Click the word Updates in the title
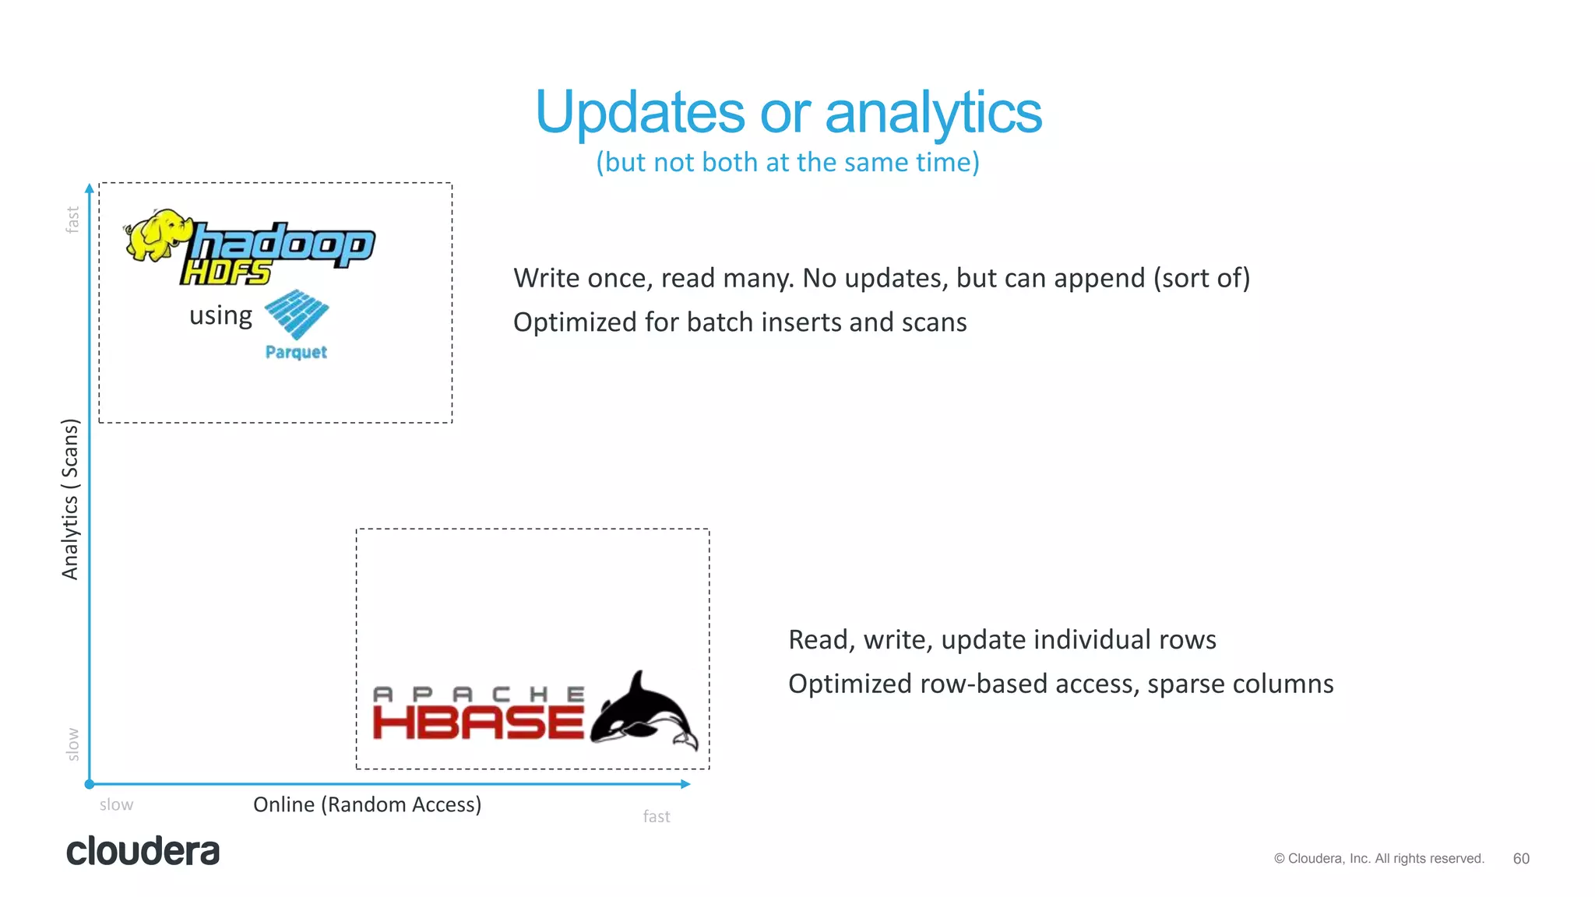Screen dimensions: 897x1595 [x=640, y=114]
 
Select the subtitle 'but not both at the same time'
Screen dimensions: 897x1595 [x=787, y=162]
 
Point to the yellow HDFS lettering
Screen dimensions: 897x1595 [x=226, y=273]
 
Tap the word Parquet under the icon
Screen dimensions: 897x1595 [x=296, y=352]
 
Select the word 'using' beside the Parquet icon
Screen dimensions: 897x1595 [x=220, y=315]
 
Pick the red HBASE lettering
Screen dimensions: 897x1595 [x=477, y=723]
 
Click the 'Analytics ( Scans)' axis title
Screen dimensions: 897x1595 [x=70, y=499]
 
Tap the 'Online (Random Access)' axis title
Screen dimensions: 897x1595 [x=367, y=804]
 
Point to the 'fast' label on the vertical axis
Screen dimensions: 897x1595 [x=72, y=220]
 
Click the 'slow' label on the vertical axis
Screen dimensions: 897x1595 [x=72, y=744]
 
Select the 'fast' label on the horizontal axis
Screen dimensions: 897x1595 [x=656, y=816]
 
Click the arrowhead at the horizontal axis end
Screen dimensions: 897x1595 [x=685, y=784]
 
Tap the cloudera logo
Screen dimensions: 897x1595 [x=143, y=851]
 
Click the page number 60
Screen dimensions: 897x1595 [x=1520, y=859]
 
